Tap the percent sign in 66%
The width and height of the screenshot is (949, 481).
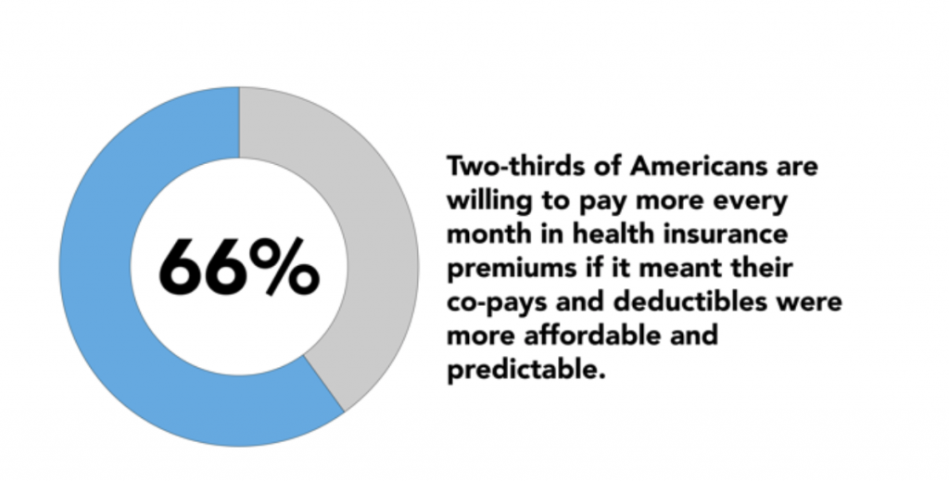click(x=284, y=266)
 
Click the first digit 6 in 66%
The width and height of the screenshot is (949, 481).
click(x=179, y=267)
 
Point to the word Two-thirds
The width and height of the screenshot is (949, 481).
click(x=516, y=165)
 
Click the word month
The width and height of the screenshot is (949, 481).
click(x=485, y=234)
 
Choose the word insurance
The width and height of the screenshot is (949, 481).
click(x=726, y=234)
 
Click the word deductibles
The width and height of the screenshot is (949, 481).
click(x=690, y=301)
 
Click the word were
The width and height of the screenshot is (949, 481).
click(x=810, y=302)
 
